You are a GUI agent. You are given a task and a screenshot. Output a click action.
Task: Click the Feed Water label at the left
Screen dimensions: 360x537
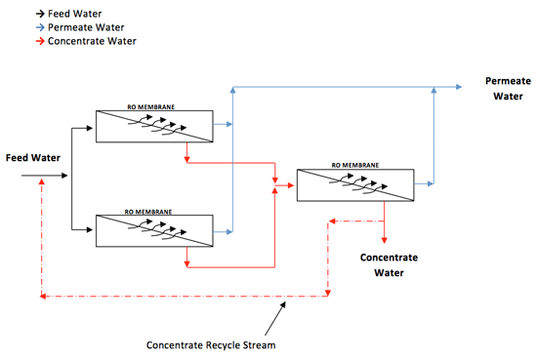click(32, 157)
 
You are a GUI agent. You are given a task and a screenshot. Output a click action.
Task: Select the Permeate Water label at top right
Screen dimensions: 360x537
click(505, 88)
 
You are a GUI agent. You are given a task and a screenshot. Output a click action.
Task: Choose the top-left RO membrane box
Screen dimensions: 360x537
click(154, 125)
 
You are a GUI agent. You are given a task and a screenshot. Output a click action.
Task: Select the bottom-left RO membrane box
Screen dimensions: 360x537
click(154, 230)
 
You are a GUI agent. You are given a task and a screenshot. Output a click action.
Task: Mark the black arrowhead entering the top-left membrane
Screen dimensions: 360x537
click(92, 126)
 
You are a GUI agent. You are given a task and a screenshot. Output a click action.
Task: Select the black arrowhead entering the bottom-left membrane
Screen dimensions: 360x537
click(92, 231)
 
